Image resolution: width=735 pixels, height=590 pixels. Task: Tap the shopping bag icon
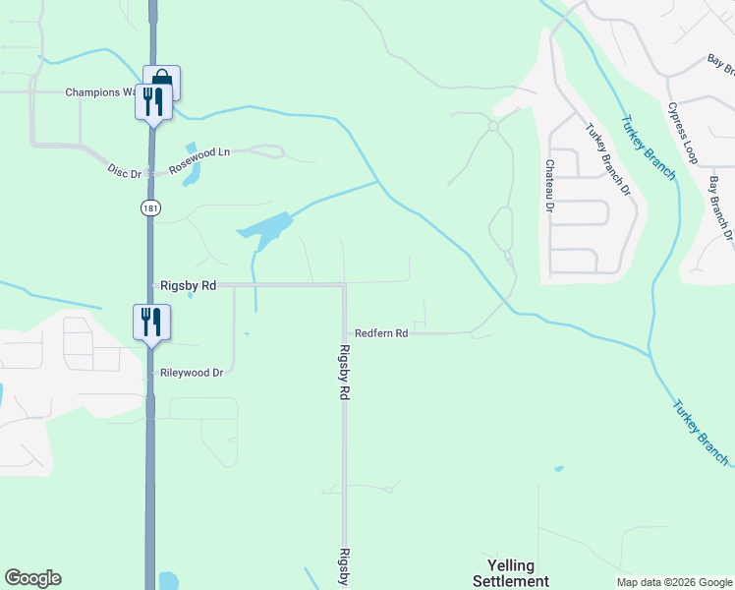click(x=162, y=79)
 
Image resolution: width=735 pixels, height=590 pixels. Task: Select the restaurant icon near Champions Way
click(x=153, y=100)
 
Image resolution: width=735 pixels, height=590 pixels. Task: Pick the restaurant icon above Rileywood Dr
click(x=152, y=322)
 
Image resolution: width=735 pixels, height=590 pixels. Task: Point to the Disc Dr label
click(x=125, y=172)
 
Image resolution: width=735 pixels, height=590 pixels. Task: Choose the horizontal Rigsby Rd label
click(x=187, y=285)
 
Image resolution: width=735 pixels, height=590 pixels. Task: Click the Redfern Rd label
click(x=381, y=333)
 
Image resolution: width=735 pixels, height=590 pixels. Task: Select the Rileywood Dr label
click(x=192, y=373)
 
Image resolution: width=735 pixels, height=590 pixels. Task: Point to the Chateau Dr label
click(x=549, y=186)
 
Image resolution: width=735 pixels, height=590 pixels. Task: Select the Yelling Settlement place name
click(x=510, y=573)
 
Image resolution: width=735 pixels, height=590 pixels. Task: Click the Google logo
click(x=32, y=578)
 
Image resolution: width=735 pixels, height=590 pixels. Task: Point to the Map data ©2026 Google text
click(x=673, y=582)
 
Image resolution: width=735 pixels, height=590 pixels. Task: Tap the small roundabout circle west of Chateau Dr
click(x=494, y=126)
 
